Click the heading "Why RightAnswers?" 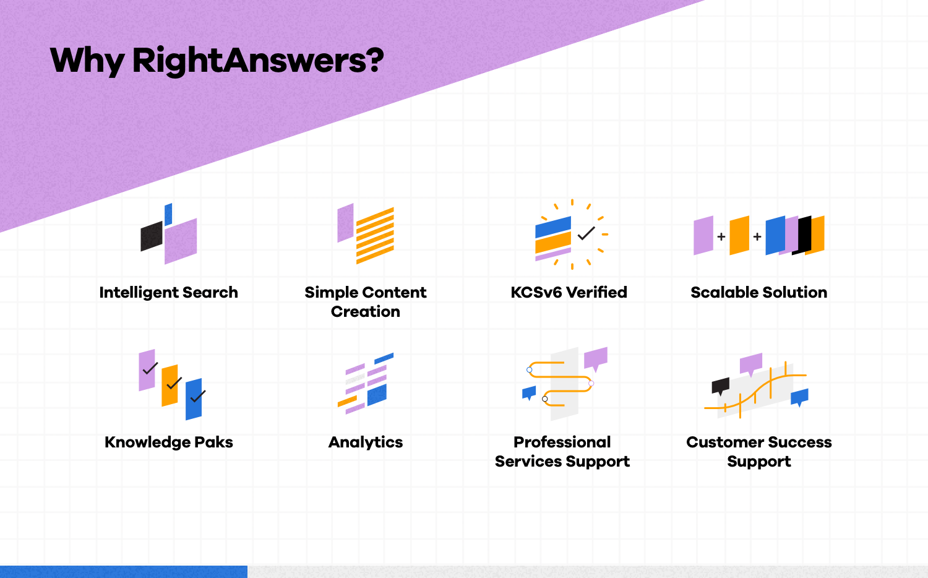click(x=217, y=61)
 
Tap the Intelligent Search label click(x=168, y=292)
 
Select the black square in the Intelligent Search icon click(x=152, y=236)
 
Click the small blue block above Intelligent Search click(x=168, y=214)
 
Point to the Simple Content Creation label click(x=365, y=301)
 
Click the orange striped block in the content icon click(x=375, y=236)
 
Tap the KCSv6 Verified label click(x=569, y=292)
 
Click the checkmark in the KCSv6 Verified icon click(x=586, y=233)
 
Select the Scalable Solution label click(x=758, y=292)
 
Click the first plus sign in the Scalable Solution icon click(x=721, y=236)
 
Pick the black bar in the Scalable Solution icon click(x=803, y=235)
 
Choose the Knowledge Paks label click(x=168, y=442)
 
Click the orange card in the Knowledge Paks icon click(x=169, y=386)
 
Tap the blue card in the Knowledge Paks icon click(x=194, y=399)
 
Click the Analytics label click(x=365, y=442)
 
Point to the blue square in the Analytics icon click(x=377, y=395)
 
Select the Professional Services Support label click(x=562, y=451)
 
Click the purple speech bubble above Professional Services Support click(x=595, y=358)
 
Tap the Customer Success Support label click(x=758, y=451)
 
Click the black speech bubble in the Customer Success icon click(x=720, y=386)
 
